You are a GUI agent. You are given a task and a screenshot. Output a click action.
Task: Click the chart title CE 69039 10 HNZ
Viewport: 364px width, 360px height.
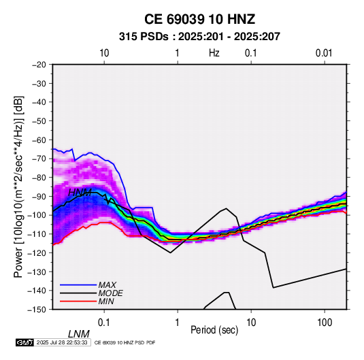[199, 19]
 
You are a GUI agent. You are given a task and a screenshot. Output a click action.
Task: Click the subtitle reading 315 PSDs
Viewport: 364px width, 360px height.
[144, 37]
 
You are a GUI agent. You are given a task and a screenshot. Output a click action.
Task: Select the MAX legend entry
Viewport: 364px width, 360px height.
[107, 284]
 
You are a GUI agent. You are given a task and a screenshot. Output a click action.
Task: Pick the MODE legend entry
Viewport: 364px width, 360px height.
[110, 293]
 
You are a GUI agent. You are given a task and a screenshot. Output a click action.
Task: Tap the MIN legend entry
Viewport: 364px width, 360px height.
[106, 301]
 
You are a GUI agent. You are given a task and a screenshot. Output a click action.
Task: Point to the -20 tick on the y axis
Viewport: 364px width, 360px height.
[39, 65]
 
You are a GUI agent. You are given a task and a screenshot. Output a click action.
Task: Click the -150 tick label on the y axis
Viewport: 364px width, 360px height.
[37, 310]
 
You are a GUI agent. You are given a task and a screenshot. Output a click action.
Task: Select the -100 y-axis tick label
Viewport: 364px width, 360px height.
[37, 215]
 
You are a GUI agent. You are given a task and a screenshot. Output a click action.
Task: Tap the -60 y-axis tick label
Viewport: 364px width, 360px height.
[39, 140]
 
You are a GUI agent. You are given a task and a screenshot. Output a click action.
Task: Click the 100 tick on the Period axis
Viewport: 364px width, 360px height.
[325, 323]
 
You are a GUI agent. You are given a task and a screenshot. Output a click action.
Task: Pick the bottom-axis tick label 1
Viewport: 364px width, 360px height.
[178, 323]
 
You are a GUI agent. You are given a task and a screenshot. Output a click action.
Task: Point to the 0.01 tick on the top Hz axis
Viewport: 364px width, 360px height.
[324, 53]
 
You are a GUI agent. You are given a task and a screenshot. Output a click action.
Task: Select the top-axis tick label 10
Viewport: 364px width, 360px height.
[104, 53]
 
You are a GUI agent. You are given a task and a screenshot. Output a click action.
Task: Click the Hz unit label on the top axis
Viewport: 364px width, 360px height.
[214, 53]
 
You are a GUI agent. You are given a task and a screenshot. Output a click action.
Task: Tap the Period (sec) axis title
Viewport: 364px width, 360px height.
[214, 330]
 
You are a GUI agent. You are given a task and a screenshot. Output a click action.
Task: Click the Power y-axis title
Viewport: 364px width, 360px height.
[18, 187]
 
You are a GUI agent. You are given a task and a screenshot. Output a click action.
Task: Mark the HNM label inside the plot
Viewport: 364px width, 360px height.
[80, 193]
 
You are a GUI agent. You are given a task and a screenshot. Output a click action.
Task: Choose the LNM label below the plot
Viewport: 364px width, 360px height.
[79, 334]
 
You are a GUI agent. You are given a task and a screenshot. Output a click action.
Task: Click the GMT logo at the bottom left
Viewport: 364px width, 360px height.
[25, 342]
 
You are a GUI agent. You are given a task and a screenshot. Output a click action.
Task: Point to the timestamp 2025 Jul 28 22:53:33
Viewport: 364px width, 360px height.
[62, 342]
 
